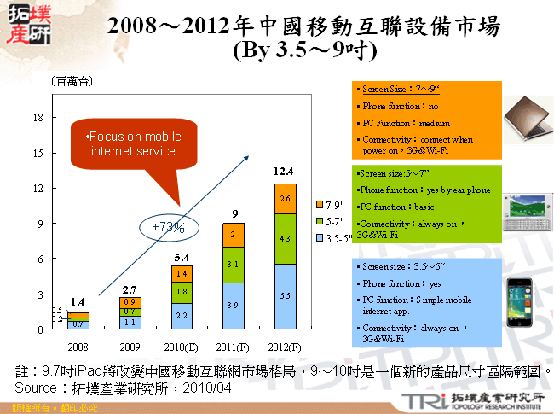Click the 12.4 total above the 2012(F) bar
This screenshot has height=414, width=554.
[x=284, y=172]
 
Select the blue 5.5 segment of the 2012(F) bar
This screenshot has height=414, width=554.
[x=285, y=294]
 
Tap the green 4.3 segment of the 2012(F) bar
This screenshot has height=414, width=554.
[x=285, y=239]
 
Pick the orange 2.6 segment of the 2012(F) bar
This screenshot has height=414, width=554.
[x=285, y=198]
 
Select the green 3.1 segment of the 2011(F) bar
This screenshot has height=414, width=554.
[x=234, y=265]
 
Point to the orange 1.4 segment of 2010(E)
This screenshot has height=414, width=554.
[x=181, y=274]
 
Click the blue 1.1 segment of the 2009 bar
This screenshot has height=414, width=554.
[x=130, y=323]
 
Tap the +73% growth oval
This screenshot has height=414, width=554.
[x=168, y=226]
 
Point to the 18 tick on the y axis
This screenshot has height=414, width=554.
[x=38, y=117]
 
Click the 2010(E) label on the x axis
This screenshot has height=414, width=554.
[x=181, y=347]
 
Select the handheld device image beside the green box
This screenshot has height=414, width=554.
[x=524, y=211]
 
